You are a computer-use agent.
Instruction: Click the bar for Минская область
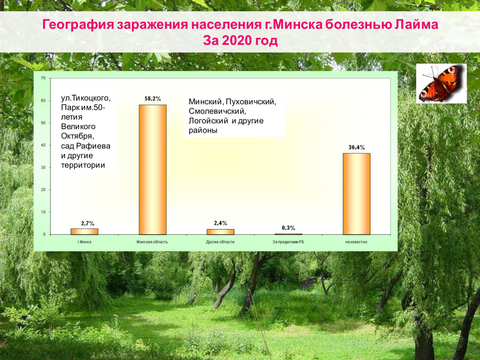click(153, 169)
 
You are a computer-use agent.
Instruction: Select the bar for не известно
click(356, 194)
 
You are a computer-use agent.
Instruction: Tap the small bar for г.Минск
click(84, 232)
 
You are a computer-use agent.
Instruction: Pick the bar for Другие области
click(220, 232)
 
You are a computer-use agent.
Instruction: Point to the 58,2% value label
click(153, 99)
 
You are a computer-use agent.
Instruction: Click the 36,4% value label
click(357, 148)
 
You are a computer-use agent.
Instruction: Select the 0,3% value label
click(288, 228)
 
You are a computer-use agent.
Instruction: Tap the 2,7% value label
click(88, 223)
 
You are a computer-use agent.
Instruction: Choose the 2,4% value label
click(220, 223)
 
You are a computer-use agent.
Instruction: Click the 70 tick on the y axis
click(43, 78)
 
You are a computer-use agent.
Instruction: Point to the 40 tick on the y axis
click(43, 145)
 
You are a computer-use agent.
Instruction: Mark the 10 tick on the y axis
click(43, 212)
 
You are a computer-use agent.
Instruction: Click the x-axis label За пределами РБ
click(288, 242)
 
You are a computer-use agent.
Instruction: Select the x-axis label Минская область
click(152, 242)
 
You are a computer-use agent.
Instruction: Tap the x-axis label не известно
click(356, 242)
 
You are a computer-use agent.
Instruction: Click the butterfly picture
click(441, 83)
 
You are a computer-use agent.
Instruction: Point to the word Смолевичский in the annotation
click(217, 111)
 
